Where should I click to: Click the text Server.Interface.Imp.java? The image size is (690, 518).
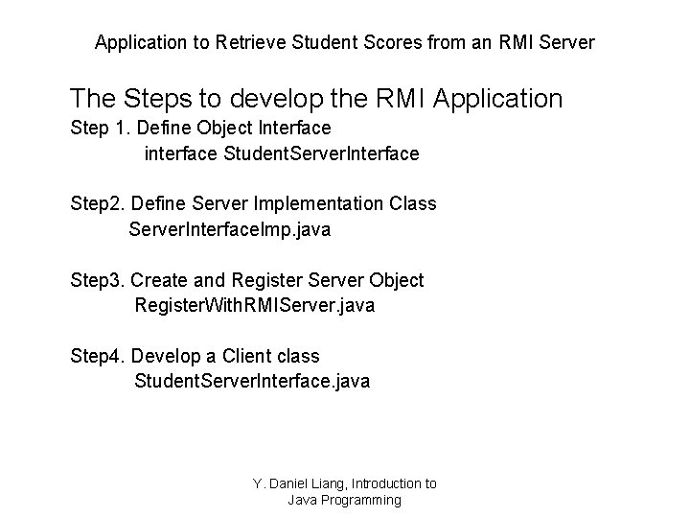pos(230,229)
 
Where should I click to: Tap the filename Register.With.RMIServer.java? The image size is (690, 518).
pos(255,305)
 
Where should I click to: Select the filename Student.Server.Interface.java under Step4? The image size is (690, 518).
pos(252,381)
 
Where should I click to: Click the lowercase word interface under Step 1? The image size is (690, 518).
pos(180,153)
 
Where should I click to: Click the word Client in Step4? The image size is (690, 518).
pos(247,356)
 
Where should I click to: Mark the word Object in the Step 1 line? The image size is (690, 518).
pos(219,128)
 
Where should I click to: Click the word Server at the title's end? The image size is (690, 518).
pos(568,43)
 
